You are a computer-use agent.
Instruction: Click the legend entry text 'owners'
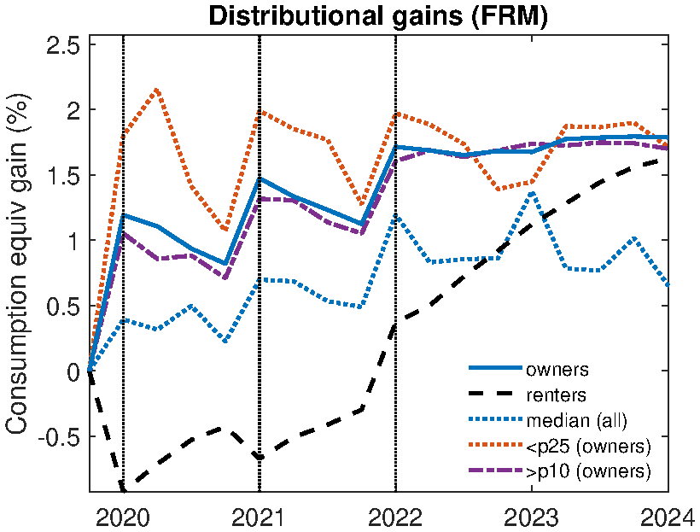click(x=557, y=371)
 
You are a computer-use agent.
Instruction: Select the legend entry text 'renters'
click(x=557, y=395)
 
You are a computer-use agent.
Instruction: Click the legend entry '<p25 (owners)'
click(x=588, y=446)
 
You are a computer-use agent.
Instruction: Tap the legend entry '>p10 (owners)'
click(x=588, y=471)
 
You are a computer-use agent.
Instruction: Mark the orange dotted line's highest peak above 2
click(x=157, y=90)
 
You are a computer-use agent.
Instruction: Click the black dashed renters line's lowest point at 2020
click(x=124, y=488)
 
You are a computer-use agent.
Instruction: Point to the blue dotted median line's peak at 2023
click(x=531, y=192)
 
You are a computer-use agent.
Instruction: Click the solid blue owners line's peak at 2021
click(x=260, y=178)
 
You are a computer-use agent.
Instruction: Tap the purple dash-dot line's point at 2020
click(x=123, y=232)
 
